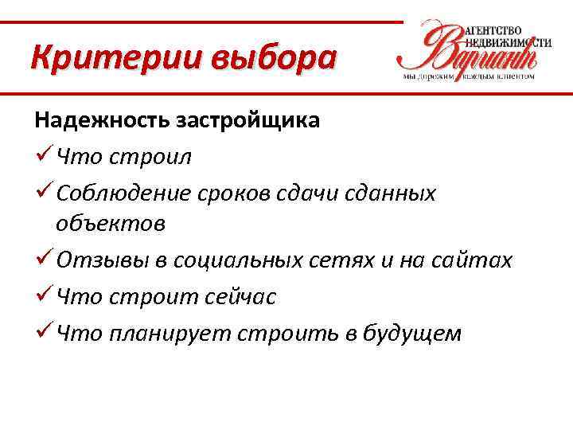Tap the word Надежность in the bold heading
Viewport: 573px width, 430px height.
(98, 121)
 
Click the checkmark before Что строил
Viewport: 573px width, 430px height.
(43, 156)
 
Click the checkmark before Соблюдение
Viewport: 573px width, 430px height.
(43, 192)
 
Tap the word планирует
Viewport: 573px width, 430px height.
(169, 333)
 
